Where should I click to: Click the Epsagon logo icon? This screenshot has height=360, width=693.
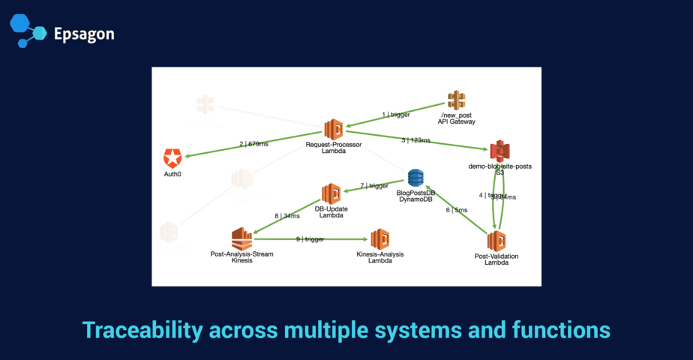point(28,30)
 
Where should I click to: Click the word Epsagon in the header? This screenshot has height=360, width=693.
point(84,34)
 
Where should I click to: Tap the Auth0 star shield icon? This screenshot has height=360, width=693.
point(172,157)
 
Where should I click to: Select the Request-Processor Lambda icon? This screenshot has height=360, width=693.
point(333,129)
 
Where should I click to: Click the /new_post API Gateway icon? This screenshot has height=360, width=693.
point(456,100)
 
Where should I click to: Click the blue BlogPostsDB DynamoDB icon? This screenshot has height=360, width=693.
point(415,178)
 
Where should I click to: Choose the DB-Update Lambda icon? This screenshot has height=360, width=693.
point(331,193)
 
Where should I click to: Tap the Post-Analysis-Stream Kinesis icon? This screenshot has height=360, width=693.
point(241,238)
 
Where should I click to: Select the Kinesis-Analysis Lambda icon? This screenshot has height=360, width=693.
point(379,238)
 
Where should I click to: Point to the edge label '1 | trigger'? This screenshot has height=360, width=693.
point(396,115)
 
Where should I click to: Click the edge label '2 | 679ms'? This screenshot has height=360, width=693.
point(253,144)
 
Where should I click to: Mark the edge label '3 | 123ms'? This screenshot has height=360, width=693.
point(416,140)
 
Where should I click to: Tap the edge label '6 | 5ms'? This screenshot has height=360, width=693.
point(457,210)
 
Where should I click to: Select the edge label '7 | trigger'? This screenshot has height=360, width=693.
point(373,185)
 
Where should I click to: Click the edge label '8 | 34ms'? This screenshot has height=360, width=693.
point(286,216)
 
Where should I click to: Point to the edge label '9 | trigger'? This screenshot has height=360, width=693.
point(309,238)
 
